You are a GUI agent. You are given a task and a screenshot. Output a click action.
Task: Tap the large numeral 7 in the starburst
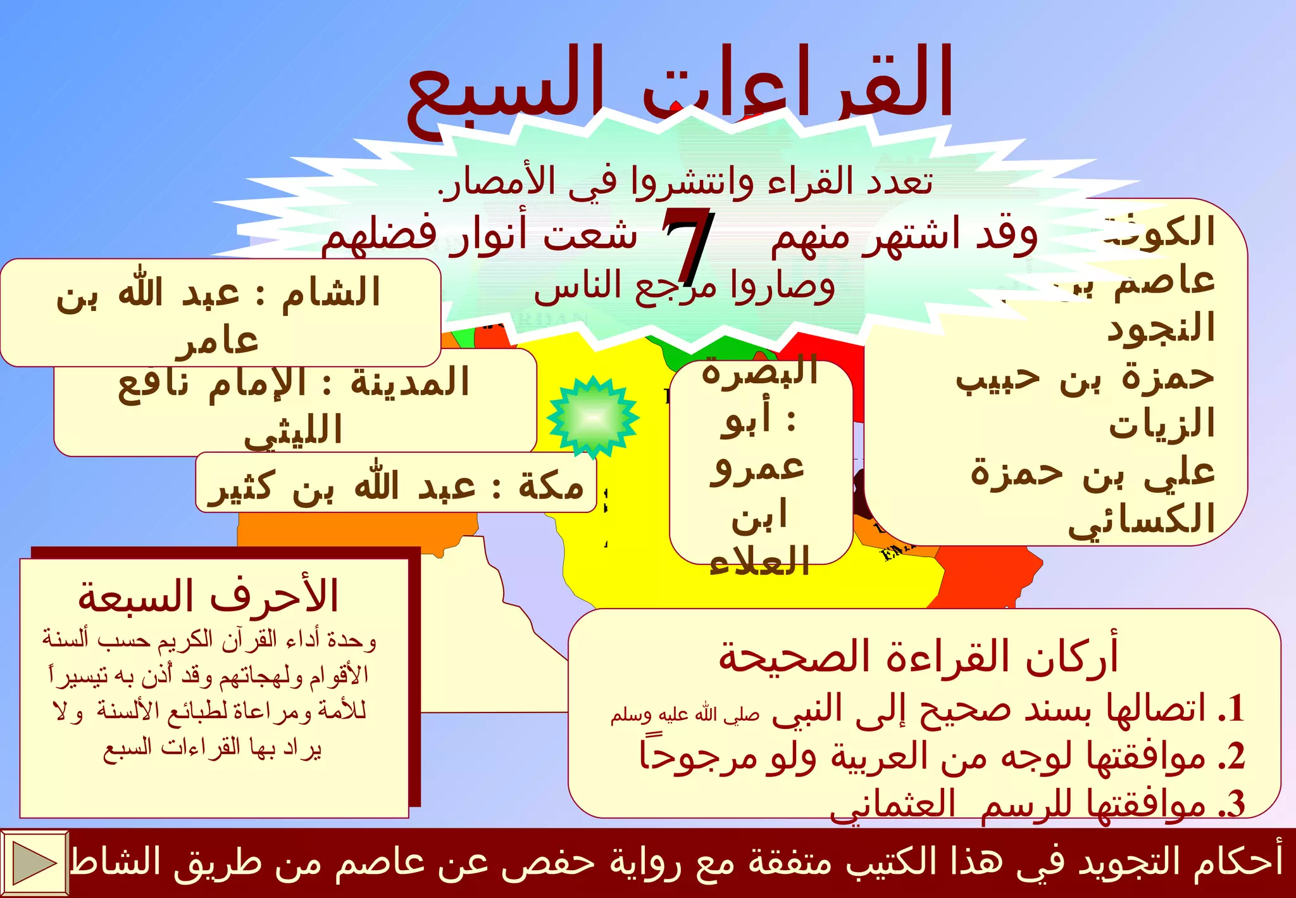point(688,247)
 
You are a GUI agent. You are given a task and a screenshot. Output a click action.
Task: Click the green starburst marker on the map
point(593,417)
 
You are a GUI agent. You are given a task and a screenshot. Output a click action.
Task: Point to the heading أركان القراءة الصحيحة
point(918,657)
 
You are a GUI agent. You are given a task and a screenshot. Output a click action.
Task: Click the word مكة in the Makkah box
point(551,487)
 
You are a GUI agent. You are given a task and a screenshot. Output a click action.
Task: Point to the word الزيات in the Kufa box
point(1162,425)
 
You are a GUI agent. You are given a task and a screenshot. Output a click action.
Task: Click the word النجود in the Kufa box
point(1161,329)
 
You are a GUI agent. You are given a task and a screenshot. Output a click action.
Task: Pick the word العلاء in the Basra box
point(759,561)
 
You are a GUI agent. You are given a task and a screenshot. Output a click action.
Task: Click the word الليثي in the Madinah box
point(294,431)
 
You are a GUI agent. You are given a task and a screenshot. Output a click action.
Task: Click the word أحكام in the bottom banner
point(1238,861)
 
